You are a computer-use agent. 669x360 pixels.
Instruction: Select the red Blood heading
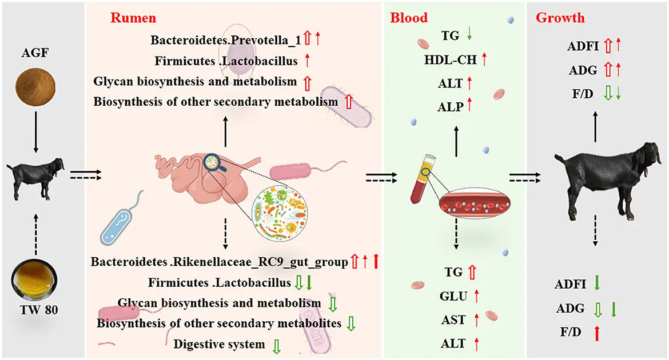[409, 18]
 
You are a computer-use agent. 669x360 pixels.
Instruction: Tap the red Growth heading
[560, 18]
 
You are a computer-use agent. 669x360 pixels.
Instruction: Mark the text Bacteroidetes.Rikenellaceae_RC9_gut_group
[220, 262]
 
